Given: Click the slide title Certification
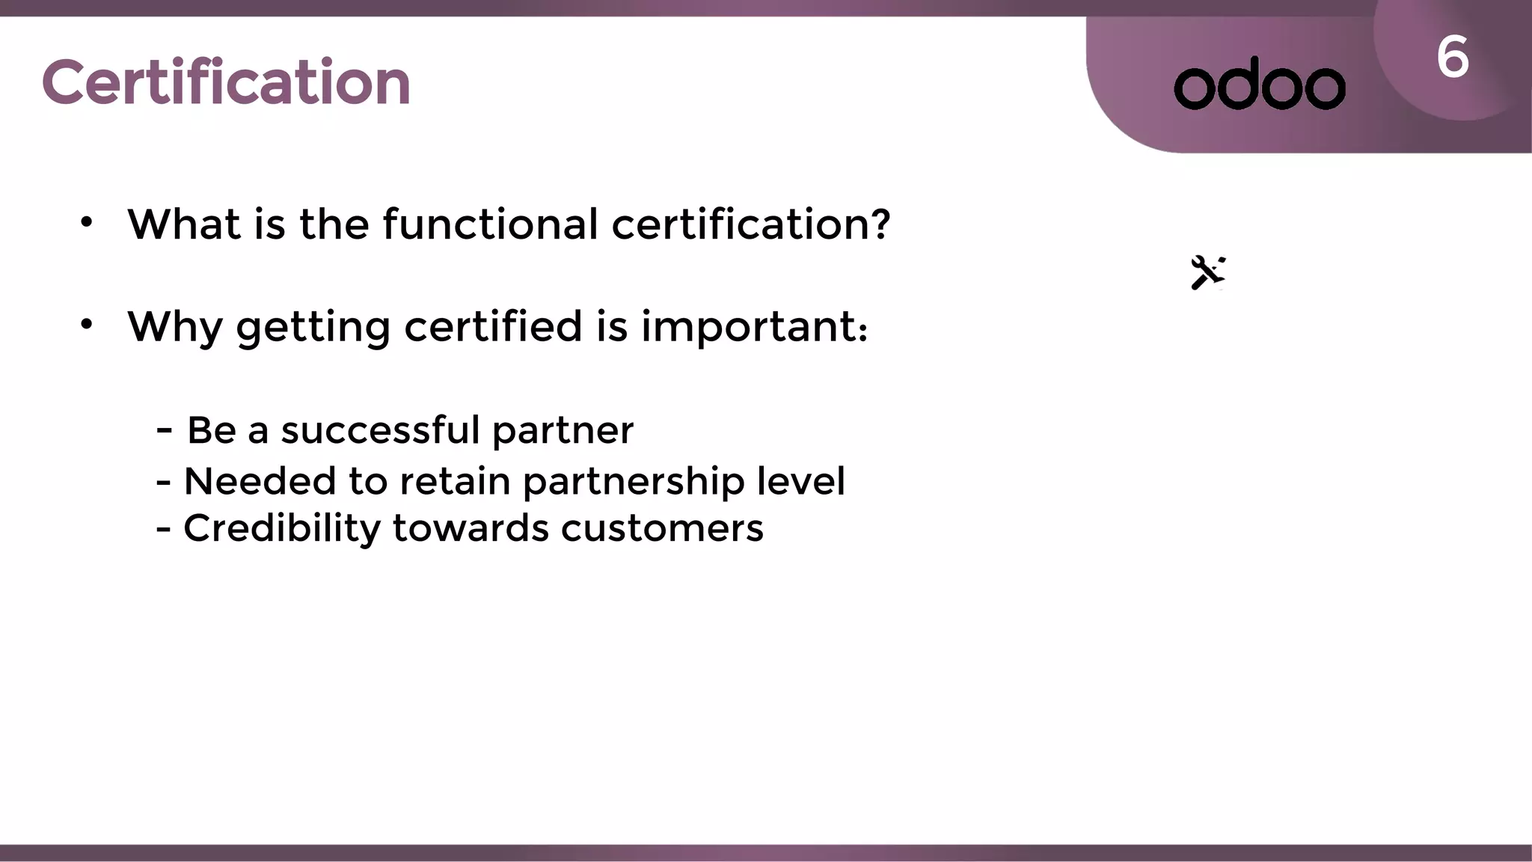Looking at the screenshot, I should (x=226, y=82).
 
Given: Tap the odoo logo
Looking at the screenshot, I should (x=1260, y=84).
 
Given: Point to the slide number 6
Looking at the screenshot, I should (x=1452, y=58).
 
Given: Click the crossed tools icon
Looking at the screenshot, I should (x=1207, y=272).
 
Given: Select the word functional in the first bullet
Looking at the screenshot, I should (x=490, y=224).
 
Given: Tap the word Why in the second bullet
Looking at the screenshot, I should (x=175, y=327).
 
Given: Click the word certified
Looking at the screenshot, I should (x=493, y=326).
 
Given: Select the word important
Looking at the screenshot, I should (x=750, y=327).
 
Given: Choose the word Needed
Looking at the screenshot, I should (x=260, y=481).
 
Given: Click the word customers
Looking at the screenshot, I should (x=662, y=529).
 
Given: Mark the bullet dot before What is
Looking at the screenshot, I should (x=87, y=222).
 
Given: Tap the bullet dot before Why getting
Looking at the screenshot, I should (x=87, y=325).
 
